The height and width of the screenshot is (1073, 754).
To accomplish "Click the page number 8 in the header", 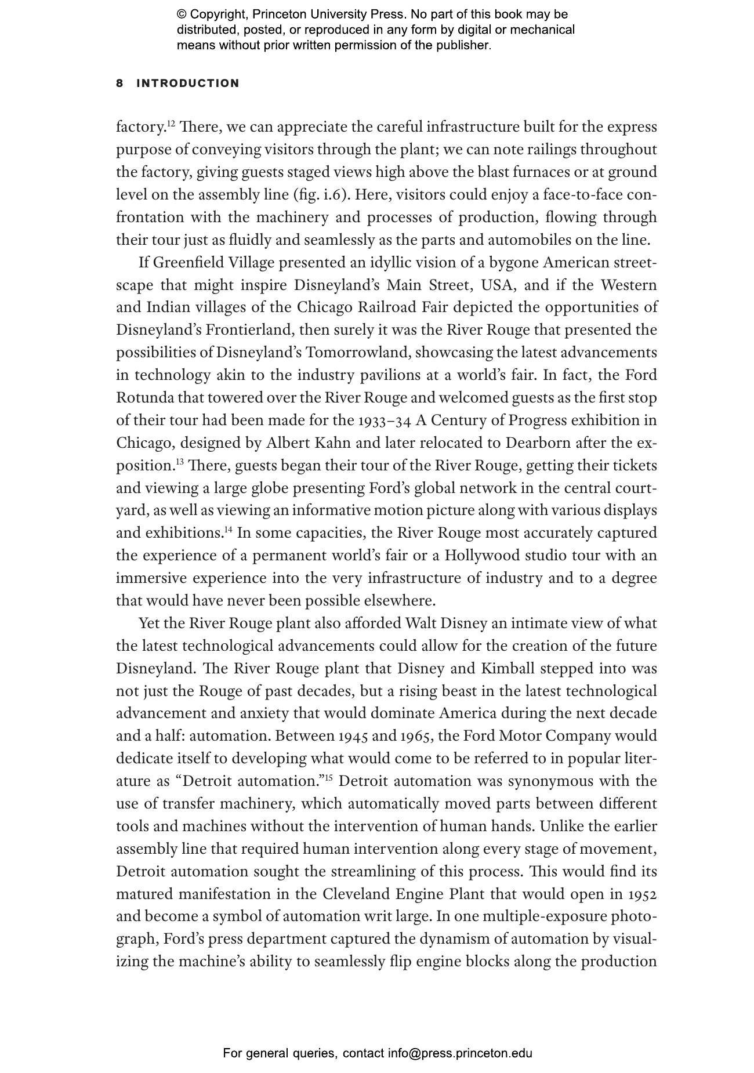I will (119, 84).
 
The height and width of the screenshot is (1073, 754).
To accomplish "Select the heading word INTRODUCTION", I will (187, 84).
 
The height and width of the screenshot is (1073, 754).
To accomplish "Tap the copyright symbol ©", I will (182, 14).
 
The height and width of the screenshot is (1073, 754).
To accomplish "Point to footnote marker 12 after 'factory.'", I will (171, 124).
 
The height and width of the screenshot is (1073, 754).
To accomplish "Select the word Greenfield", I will (189, 263).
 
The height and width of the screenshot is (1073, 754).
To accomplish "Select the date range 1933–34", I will (385, 420).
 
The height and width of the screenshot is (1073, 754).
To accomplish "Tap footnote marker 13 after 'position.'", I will (180, 462).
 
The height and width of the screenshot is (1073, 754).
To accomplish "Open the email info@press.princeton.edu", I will (460, 1053).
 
